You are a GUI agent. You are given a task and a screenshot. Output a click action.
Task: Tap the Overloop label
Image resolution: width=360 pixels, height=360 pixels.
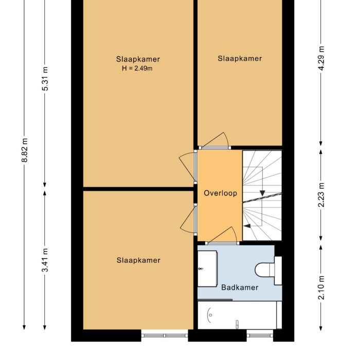(x=220, y=193)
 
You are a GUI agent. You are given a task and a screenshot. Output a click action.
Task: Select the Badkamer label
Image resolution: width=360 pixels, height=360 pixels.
(x=240, y=287)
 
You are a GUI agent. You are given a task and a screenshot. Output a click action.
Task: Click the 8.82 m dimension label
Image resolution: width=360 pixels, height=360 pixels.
(x=24, y=150)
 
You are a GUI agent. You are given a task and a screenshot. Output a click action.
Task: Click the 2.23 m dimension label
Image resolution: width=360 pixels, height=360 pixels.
(x=322, y=195)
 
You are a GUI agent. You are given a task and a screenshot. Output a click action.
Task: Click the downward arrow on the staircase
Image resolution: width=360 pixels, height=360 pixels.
(x=262, y=192)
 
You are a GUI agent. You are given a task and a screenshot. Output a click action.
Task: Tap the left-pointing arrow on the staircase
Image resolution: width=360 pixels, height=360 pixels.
(x=247, y=225)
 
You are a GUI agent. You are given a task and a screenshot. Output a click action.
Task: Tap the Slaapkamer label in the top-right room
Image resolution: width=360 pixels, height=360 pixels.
(x=240, y=59)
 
